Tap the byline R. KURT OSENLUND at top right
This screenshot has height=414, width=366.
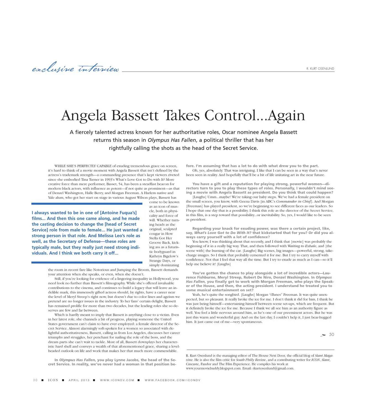click(x=320, y=68)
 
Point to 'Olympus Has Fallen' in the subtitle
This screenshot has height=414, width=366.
click(x=172, y=140)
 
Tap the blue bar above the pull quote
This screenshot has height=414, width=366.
click(x=87, y=204)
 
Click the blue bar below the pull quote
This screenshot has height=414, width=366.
click(x=87, y=262)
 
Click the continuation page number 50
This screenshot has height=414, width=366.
click(x=331, y=335)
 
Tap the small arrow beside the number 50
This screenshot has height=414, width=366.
click(x=323, y=335)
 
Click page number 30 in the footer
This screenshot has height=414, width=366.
click(x=35, y=380)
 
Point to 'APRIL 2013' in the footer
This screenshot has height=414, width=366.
click(x=79, y=380)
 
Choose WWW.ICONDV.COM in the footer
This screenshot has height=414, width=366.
click(x=117, y=380)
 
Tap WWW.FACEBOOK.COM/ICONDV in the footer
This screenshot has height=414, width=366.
click(x=173, y=380)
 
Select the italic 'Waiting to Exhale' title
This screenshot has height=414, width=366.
click(x=302, y=246)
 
